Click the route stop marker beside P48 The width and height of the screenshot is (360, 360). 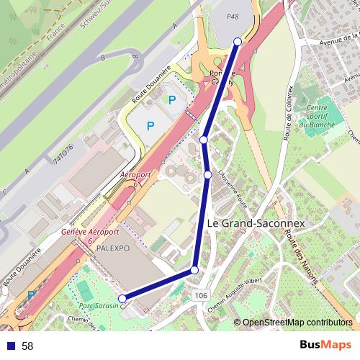tap(238, 42)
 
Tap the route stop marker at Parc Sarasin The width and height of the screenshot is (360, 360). tap(122, 298)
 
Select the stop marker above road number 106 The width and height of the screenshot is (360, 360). tap(194, 270)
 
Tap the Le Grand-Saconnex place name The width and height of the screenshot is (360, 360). tap(256, 224)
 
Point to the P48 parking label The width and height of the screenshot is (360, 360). tap(232, 16)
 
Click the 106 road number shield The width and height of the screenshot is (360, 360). tap(201, 295)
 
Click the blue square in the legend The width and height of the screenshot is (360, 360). tap(11, 346)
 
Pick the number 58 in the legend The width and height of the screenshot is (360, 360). tap(27, 346)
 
